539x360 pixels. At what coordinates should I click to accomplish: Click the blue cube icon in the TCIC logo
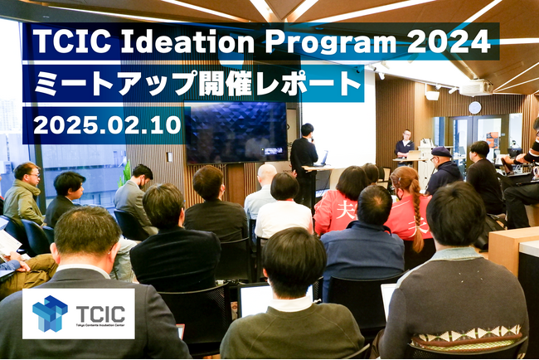coord(51,314)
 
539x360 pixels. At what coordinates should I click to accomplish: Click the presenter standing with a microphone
coord(303,158)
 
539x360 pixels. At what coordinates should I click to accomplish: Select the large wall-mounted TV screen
coord(236,133)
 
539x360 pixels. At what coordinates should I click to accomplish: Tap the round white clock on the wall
coord(474,107)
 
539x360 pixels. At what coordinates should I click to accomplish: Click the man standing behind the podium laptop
coord(405,144)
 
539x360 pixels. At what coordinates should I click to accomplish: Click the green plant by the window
coord(125,170)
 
